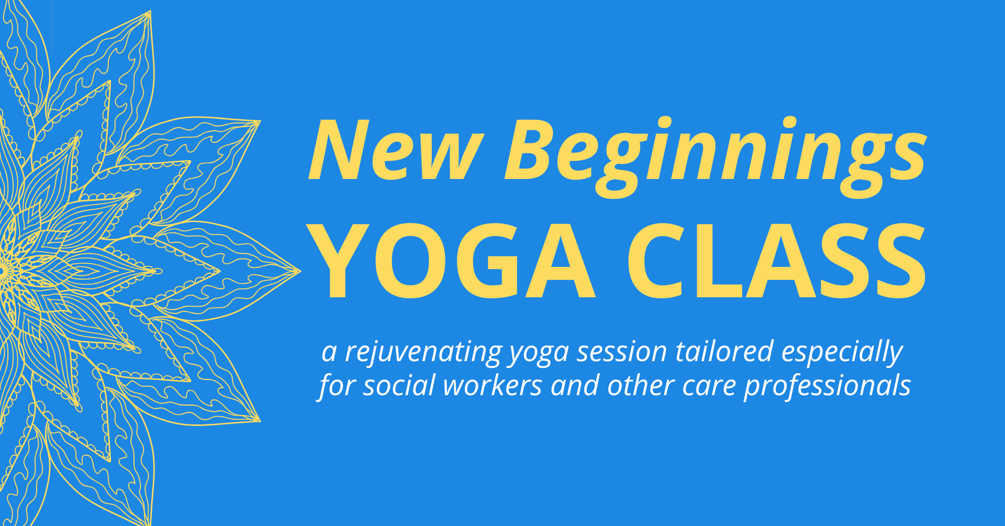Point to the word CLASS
tap(777, 261)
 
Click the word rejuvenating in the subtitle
tap(423, 352)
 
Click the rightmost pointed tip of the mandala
tap(301, 271)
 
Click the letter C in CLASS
tap(656, 261)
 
